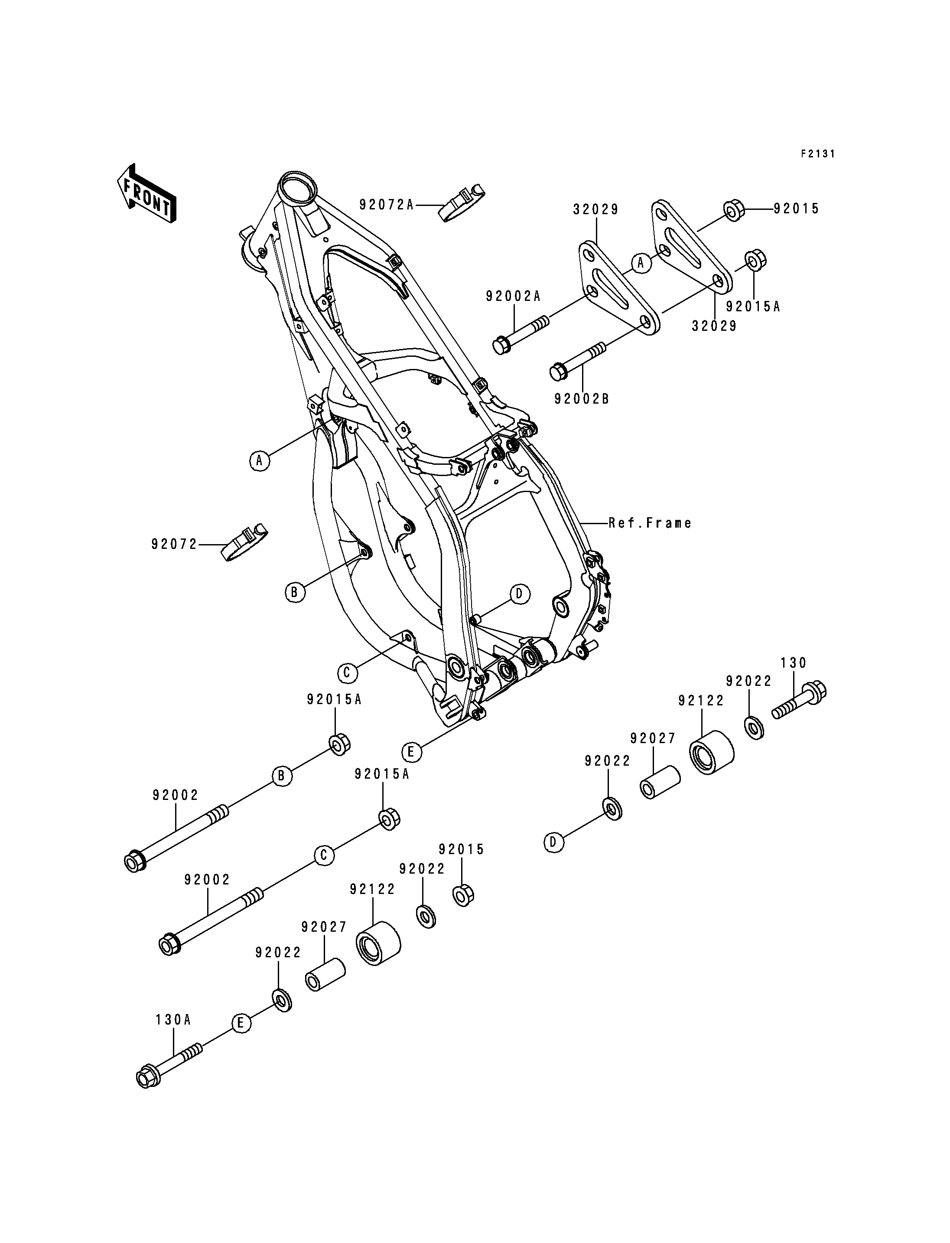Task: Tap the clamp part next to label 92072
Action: click(x=243, y=542)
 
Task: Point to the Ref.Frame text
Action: click(x=650, y=523)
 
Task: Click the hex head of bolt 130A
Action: click(x=148, y=1077)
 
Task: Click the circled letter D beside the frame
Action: click(x=520, y=594)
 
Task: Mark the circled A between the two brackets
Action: click(x=641, y=263)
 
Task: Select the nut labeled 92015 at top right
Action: click(x=733, y=210)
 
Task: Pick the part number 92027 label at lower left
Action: click(x=324, y=927)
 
